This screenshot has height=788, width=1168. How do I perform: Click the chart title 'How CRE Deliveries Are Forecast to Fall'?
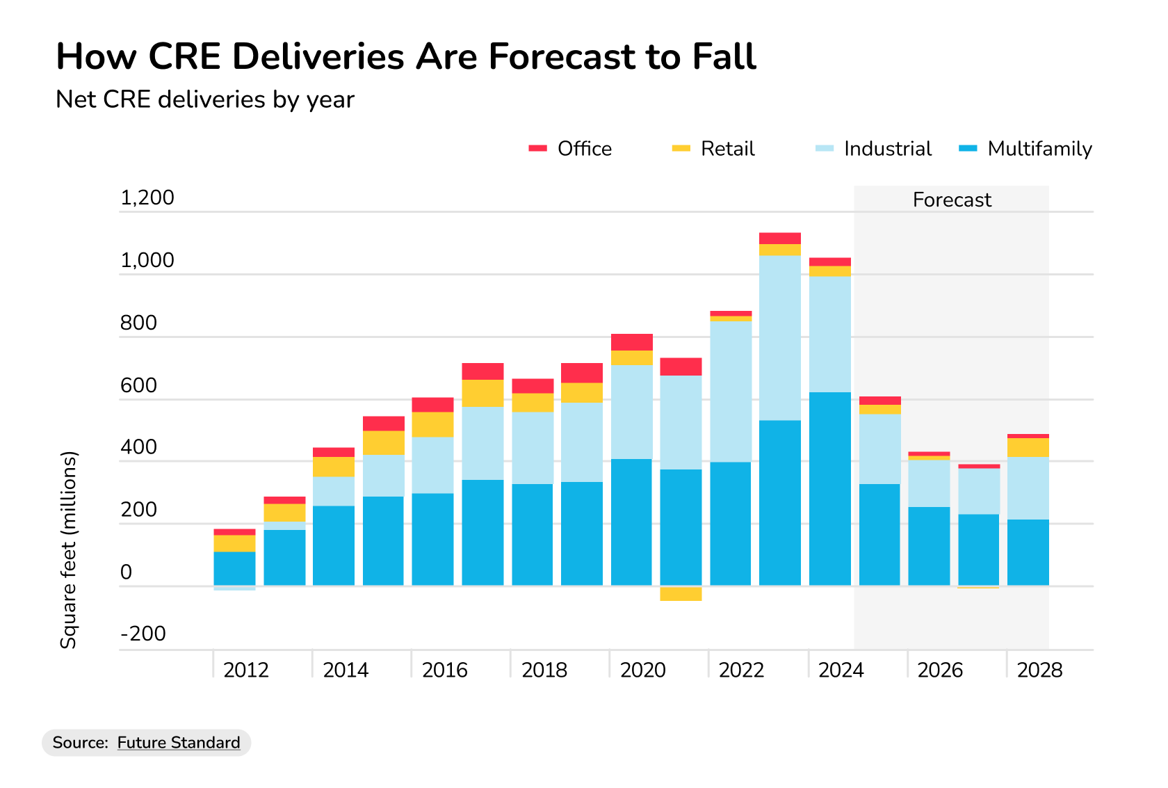click(x=405, y=57)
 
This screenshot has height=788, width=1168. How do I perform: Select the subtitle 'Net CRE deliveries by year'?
click(x=205, y=99)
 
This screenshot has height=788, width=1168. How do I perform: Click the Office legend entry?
click(x=570, y=149)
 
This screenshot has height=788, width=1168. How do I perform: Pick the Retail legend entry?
click(x=714, y=149)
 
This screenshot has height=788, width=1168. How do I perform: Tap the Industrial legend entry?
click(x=874, y=149)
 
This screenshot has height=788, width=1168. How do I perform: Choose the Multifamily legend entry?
click(x=1025, y=149)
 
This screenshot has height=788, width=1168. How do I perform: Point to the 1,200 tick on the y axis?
click(x=147, y=198)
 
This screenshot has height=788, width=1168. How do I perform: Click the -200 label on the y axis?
click(x=143, y=634)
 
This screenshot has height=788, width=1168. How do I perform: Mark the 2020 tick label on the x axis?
click(x=643, y=670)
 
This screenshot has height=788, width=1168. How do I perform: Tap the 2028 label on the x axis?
click(x=1039, y=670)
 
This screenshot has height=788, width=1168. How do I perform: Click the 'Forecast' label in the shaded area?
click(x=952, y=200)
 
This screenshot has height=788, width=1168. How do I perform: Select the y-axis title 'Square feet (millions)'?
click(x=68, y=549)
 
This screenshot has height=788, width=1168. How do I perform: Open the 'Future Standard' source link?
click(x=179, y=743)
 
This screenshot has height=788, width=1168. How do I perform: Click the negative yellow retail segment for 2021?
click(x=681, y=593)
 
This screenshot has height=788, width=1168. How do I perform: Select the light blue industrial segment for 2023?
click(x=780, y=337)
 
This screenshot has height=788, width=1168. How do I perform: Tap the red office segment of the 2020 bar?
click(x=632, y=342)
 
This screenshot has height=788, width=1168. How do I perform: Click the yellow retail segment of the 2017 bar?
click(x=482, y=393)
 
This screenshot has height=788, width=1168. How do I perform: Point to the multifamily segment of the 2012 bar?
click(x=234, y=568)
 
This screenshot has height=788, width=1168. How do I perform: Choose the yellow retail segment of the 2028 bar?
click(x=1028, y=447)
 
